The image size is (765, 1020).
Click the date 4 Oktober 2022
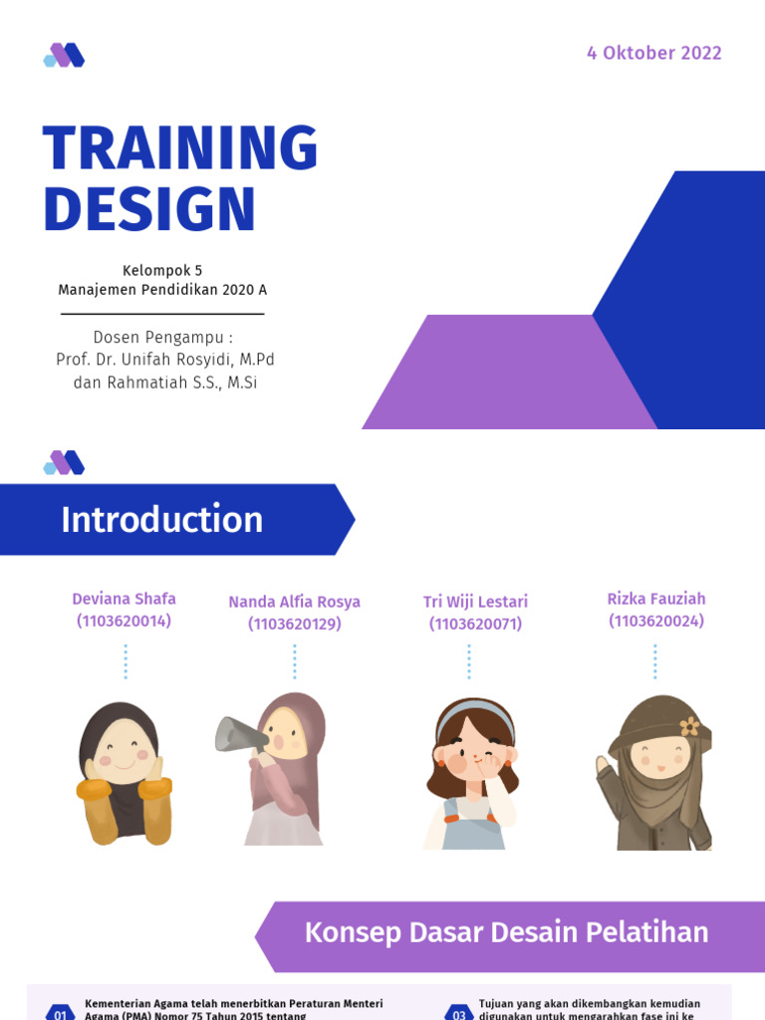(x=653, y=54)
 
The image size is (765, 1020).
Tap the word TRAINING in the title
(x=180, y=149)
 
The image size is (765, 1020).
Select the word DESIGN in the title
(x=149, y=210)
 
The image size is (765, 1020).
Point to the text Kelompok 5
(x=162, y=270)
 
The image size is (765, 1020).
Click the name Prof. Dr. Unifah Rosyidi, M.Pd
(x=164, y=360)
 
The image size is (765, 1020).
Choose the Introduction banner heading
(x=162, y=520)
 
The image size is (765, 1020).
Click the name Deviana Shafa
(x=124, y=599)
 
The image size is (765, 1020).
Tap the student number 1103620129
(x=294, y=624)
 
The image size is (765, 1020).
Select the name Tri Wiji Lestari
(x=475, y=602)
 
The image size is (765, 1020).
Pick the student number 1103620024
(x=656, y=621)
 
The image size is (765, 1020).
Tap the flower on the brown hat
(x=689, y=726)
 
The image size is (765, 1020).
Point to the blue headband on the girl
(x=476, y=710)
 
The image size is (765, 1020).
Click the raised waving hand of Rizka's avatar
(x=602, y=766)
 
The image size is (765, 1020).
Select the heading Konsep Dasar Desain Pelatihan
(x=506, y=933)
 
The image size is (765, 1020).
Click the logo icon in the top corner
(x=64, y=55)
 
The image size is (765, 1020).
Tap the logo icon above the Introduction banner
(x=64, y=462)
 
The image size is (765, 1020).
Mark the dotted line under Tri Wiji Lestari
(x=468, y=661)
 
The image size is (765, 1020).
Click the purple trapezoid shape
(x=508, y=374)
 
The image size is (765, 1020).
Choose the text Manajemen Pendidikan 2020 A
(x=162, y=291)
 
